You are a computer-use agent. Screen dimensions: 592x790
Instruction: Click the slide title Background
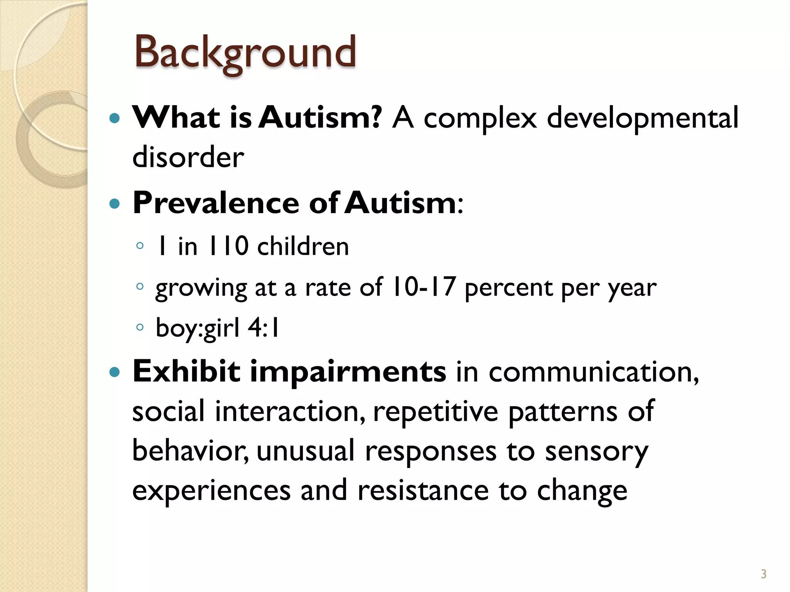tap(245, 52)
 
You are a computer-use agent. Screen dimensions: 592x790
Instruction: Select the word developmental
tap(642, 118)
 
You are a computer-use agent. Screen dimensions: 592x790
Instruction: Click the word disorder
tap(188, 157)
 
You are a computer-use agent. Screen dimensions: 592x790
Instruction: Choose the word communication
tap(594, 372)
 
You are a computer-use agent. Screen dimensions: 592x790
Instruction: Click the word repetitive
tap(436, 412)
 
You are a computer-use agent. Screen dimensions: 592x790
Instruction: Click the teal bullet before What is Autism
tap(115, 118)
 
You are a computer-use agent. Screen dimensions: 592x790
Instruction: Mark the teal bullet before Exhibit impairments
tap(115, 372)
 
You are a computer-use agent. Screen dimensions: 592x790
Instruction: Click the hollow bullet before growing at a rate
tap(140, 286)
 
